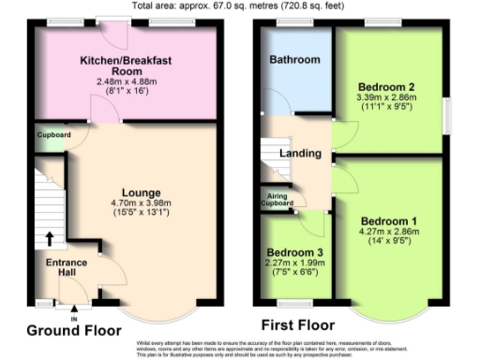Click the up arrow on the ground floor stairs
[50, 237]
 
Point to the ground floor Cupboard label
[53, 134]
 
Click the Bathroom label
[294, 59]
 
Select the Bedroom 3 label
[293, 252]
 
